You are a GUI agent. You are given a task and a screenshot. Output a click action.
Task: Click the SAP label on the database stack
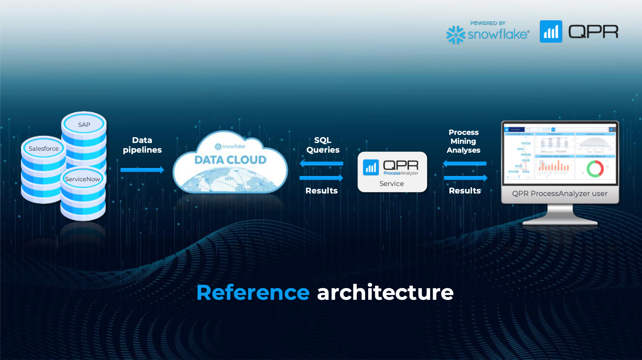(x=84, y=125)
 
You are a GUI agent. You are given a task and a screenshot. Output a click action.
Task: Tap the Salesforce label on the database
(x=43, y=149)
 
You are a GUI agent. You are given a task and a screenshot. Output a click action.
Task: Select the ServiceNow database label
(x=82, y=179)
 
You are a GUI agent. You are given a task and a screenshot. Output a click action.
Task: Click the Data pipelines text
(x=142, y=145)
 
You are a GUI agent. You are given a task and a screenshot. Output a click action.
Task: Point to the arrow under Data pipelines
(x=142, y=170)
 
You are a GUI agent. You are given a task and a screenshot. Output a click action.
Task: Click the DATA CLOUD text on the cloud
(x=230, y=160)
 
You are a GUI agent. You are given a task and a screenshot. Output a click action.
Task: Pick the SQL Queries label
(x=323, y=145)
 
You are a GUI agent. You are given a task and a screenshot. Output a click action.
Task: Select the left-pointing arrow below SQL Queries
(x=321, y=164)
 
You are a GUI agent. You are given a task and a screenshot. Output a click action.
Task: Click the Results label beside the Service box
(x=321, y=191)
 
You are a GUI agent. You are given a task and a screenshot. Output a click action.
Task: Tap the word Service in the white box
(x=392, y=184)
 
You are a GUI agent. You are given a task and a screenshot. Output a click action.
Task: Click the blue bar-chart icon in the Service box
(x=371, y=168)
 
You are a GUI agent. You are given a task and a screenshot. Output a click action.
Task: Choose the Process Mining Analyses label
(x=463, y=141)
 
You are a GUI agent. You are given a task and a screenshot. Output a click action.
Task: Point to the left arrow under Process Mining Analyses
(x=465, y=164)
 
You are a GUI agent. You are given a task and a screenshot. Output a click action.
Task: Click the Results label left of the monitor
(x=465, y=191)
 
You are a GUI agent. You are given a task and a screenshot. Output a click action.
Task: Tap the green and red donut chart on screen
(x=595, y=169)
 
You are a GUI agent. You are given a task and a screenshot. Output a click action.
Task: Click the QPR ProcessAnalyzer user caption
(x=560, y=194)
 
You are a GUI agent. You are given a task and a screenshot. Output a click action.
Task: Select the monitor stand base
(x=560, y=221)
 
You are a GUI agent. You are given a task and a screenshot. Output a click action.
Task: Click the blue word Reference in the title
(x=253, y=293)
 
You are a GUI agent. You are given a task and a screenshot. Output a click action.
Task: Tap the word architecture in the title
(x=385, y=293)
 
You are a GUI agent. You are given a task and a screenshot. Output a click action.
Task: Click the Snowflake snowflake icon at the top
(x=455, y=35)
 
